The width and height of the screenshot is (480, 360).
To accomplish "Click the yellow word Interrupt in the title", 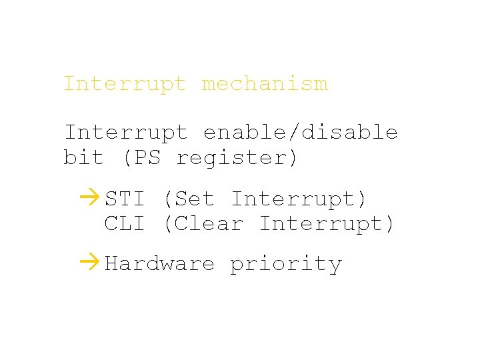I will [x=125, y=85].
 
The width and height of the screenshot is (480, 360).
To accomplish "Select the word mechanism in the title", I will [x=264, y=85].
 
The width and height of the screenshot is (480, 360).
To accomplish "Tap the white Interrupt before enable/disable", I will [x=125, y=133].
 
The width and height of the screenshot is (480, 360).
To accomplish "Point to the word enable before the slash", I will [x=244, y=133].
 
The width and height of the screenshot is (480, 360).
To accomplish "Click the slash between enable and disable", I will [x=293, y=133].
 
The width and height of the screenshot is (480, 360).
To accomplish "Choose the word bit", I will [x=83, y=158].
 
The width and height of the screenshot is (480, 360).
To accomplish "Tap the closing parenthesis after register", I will [x=293, y=158].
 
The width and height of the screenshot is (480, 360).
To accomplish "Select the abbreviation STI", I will [x=125, y=199].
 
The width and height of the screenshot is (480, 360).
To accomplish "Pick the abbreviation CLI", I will [x=125, y=224].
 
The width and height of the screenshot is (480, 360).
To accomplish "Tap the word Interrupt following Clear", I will [x=320, y=224].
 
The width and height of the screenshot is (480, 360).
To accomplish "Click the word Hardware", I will [x=160, y=264].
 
